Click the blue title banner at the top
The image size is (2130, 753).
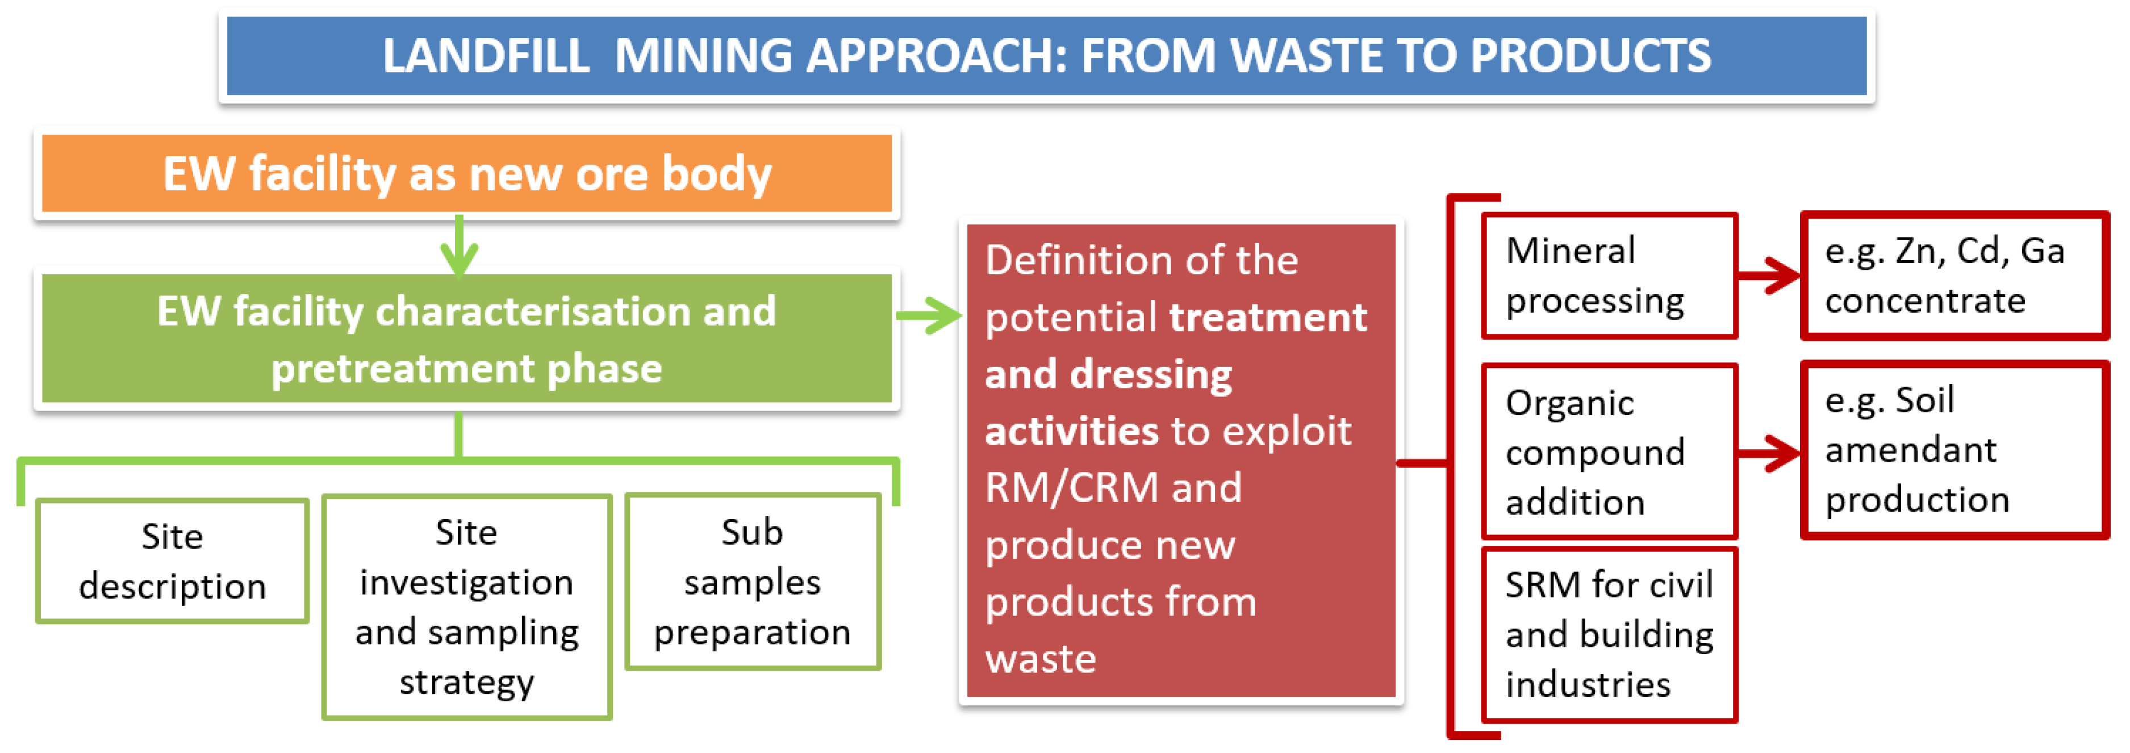pyautogui.click(x=1046, y=56)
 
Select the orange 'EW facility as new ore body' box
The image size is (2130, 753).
pyautogui.click(x=466, y=174)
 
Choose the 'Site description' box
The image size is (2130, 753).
pyautogui.click(x=172, y=561)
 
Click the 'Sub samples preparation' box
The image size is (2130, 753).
pyautogui.click(x=753, y=582)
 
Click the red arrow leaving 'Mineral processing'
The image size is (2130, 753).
pyautogui.click(x=1769, y=276)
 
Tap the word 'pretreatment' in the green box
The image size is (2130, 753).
pyautogui.click(x=403, y=369)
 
